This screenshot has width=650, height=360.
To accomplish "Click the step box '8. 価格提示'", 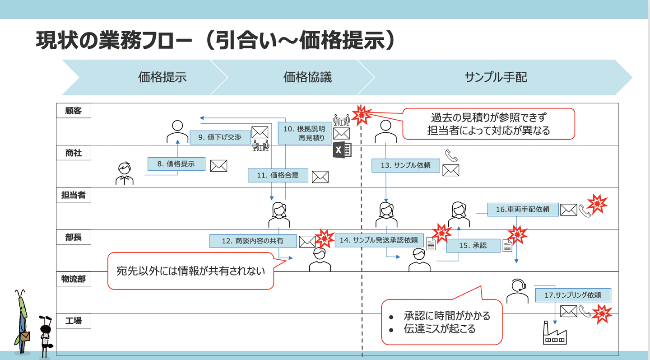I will click(176, 164).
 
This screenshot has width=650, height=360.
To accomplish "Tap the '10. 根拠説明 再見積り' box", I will click(304, 133).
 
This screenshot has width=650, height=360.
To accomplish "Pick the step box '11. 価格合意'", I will click(278, 175).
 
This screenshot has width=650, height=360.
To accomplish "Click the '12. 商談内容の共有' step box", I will click(252, 241).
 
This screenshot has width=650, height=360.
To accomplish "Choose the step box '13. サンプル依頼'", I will click(405, 165).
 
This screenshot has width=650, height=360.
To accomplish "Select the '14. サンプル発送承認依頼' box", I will click(379, 240).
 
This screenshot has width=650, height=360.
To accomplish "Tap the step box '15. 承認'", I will click(473, 245).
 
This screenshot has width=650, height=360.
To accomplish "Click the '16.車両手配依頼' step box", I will click(523, 209).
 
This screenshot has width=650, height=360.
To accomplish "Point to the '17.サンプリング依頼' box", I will click(573, 295).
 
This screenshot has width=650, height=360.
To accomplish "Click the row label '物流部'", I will click(74, 279).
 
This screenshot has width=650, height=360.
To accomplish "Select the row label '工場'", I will click(74, 321).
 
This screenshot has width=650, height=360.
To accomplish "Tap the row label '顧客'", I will click(74, 111).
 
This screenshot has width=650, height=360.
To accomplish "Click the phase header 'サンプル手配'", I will click(496, 77).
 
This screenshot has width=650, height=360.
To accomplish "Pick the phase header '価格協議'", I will click(307, 77).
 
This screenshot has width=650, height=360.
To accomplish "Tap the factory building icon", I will click(554, 334).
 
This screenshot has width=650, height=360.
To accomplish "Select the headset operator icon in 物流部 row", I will click(517, 291).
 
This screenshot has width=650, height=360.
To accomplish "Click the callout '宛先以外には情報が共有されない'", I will click(190, 271).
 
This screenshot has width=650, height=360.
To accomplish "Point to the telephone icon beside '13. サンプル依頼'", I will click(450, 156).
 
